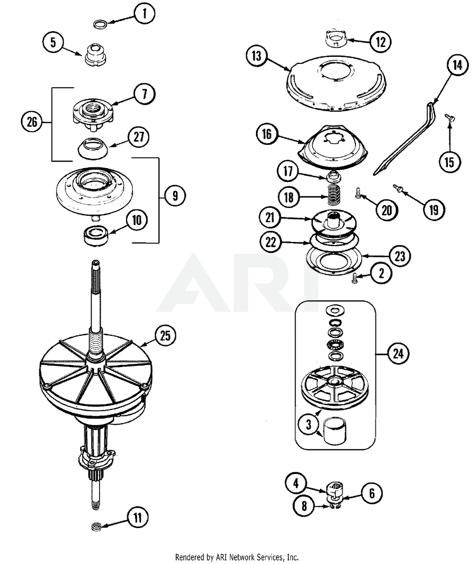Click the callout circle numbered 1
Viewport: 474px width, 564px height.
145,14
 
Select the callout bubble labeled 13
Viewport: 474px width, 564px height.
256,56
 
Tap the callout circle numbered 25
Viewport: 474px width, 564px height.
164,336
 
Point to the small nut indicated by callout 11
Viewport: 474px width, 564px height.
97,526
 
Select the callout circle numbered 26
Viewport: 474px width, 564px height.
31,123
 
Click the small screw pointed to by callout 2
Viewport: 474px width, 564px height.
354,280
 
